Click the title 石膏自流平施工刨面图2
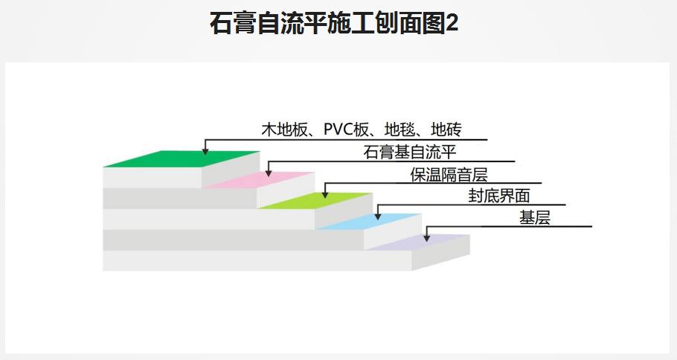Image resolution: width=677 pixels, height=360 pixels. [334, 24]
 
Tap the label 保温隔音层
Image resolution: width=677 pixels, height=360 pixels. [449, 175]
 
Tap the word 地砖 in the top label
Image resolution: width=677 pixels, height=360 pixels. [446, 130]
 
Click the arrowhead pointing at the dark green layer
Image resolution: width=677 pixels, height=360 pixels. [205, 152]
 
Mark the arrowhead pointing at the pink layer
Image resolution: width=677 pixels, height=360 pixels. [269, 173]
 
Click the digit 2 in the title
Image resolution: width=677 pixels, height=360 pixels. [451, 24]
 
